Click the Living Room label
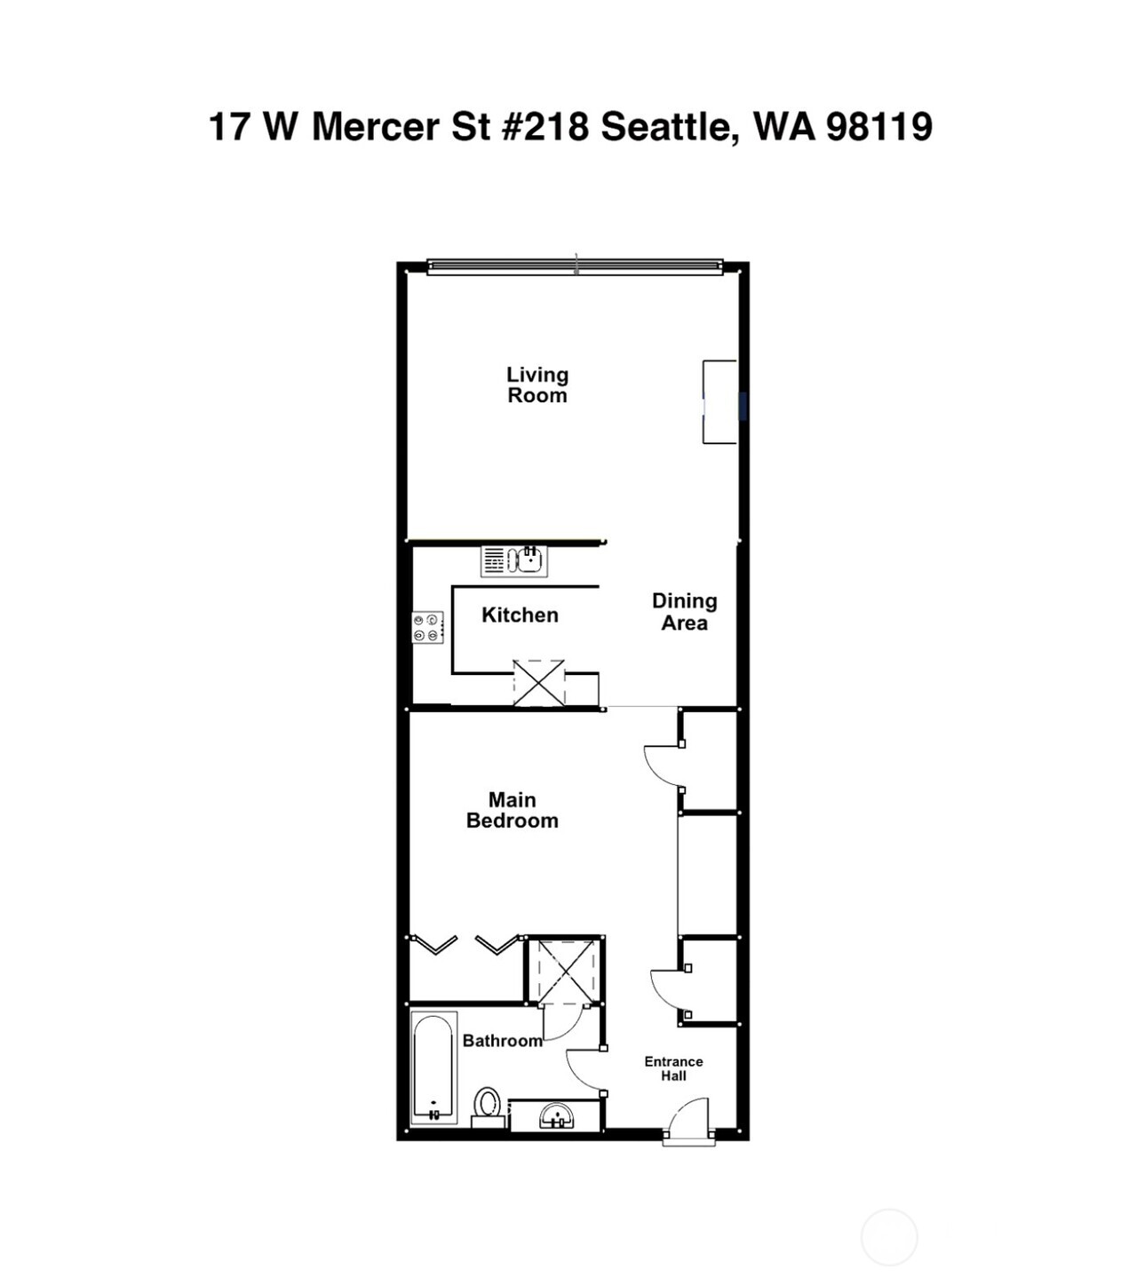(537, 385)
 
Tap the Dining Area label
(684, 612)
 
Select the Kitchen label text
(520, 615)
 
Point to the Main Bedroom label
(513, 810)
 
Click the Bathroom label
(502, 1041)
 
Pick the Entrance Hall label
(673, 1068)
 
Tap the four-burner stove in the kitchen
(427, 627)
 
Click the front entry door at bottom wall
(689, 1123)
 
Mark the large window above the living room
(575, 266)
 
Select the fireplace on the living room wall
(720, 401)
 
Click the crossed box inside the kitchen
(538, 683)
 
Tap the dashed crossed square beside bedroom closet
(566, 970)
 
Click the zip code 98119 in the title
(879, 126)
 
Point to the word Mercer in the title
(376, 126)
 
